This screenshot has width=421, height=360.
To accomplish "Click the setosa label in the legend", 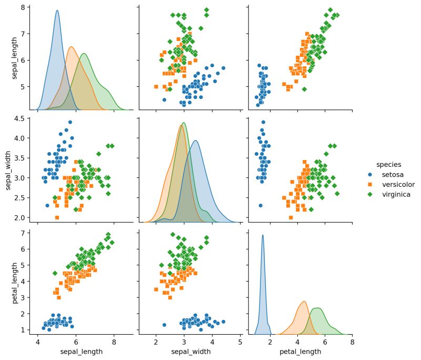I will point(393,174).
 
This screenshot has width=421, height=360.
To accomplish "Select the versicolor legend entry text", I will point(398,184).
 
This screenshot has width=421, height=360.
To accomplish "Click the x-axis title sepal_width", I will point(189,351).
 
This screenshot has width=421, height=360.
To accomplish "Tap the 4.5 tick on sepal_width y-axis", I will point(20,118).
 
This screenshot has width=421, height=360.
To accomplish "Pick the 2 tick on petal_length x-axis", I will point(270,342).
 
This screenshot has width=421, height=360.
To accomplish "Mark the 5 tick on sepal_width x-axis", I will point(240,342).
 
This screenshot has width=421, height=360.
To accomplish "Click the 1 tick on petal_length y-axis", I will point(24,329).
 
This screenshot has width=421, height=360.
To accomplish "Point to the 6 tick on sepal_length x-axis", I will point(76,342).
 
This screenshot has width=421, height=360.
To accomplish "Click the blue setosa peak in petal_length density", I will point(263,235).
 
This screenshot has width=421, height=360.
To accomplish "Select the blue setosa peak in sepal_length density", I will point(57,11).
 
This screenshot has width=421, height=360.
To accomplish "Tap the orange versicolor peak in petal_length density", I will point(304,302).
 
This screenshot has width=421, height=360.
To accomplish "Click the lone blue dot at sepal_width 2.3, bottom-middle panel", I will point(164,325).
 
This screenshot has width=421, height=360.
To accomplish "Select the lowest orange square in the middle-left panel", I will point(57,217).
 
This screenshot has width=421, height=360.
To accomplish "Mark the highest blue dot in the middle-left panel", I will point(70,122).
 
